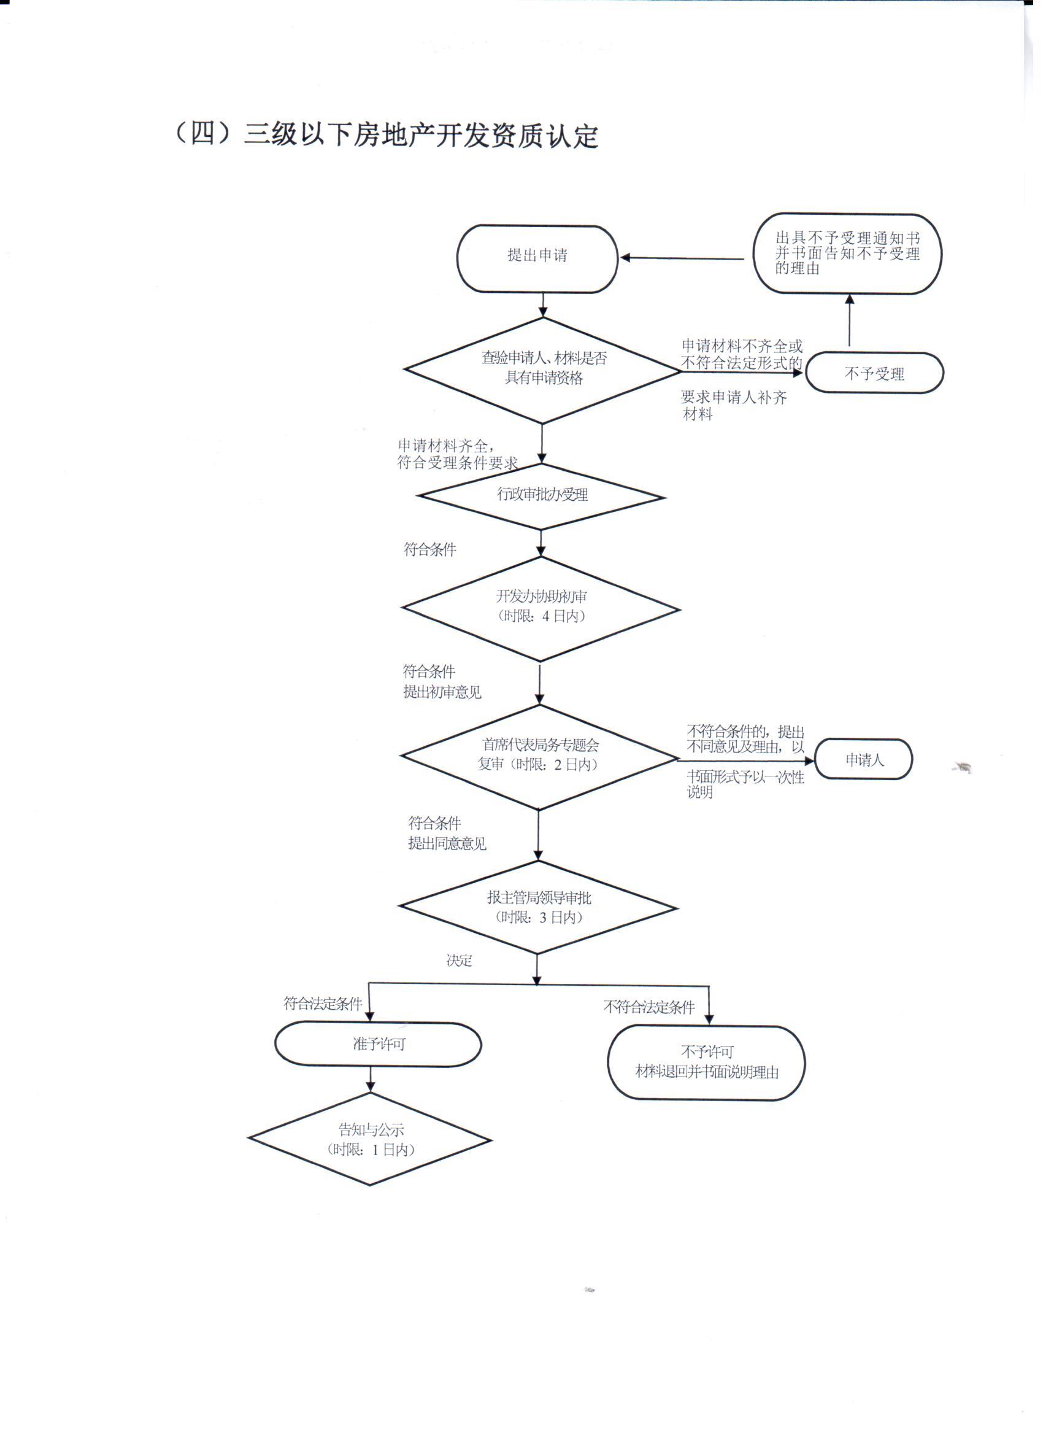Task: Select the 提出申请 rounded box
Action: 537,259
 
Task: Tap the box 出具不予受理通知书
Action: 847,253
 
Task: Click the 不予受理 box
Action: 874,373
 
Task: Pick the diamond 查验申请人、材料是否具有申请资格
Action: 543,369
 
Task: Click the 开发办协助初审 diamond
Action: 541,608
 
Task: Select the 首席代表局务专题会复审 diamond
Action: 539,756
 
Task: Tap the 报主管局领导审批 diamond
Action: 538,907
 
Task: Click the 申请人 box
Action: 863,759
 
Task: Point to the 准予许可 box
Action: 378,1044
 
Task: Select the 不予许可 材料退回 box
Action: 706,1062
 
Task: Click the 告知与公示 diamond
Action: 371,1140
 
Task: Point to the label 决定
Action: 458,961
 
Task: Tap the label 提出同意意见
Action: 447,843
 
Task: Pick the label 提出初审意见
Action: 442,692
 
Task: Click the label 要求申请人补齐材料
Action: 733,406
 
